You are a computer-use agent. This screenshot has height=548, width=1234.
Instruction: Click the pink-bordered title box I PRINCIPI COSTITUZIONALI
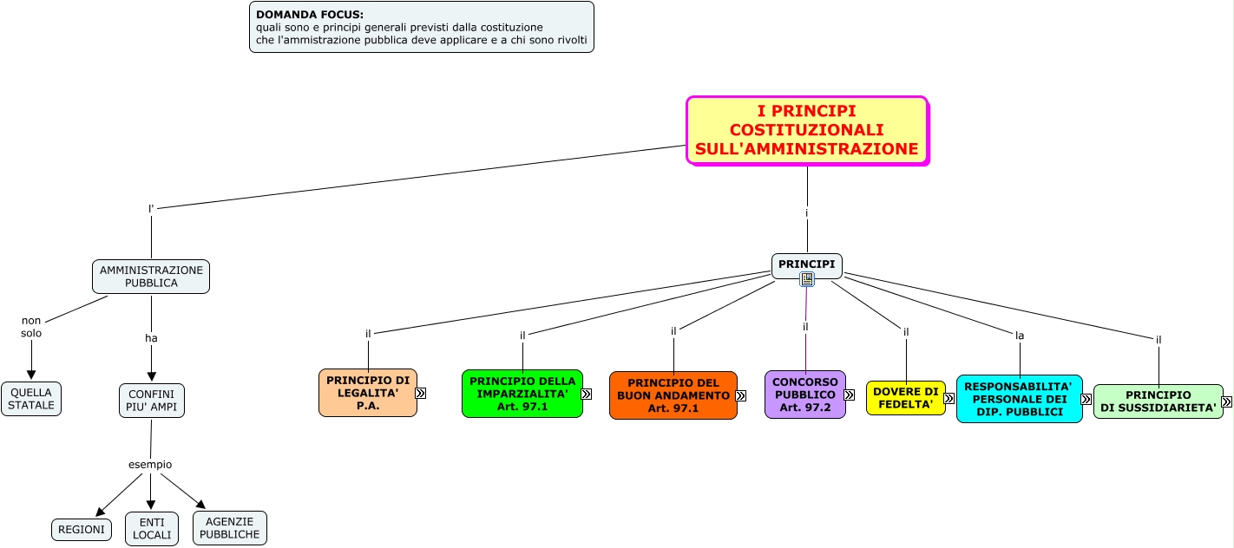pos(807,130)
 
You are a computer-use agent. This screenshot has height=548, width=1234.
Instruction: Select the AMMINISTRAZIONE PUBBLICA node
pos(151,277)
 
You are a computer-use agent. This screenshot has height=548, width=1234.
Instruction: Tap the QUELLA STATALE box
pos(31,399)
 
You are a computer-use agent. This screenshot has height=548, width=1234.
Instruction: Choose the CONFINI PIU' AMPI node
pos(151,400)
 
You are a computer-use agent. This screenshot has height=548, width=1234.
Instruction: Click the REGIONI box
pos(82,530)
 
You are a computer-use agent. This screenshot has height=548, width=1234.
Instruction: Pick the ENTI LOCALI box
pos(152,529)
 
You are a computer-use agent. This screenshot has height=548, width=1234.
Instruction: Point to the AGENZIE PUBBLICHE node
pos(230,528)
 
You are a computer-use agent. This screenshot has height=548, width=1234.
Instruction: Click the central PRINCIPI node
pos(806,264)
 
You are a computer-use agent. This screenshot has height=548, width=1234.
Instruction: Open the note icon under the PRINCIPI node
pos(807,279)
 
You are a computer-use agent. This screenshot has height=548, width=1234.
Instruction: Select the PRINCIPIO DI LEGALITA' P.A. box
pos(368,393)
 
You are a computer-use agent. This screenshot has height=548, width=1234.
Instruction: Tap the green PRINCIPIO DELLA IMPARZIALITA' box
pos(522,394)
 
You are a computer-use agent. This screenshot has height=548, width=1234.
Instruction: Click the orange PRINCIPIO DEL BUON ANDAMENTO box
pos(673,395)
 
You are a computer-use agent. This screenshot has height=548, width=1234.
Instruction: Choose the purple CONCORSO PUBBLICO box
pos(805,395)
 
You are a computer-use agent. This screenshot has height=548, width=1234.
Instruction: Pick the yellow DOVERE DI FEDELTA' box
pos(906,398)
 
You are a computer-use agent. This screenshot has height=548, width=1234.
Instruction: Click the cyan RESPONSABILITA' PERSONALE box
pos(1020,399)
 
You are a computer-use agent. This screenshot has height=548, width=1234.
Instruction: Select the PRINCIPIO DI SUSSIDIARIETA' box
pos(1159,401)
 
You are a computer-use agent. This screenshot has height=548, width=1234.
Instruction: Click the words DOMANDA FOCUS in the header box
pos(310,15)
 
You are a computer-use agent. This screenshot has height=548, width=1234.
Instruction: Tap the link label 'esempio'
pos(150,465)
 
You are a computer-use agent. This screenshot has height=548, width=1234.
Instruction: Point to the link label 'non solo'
pos(31,327)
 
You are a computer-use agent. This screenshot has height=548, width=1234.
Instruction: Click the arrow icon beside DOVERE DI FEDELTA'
pos(949,399)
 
